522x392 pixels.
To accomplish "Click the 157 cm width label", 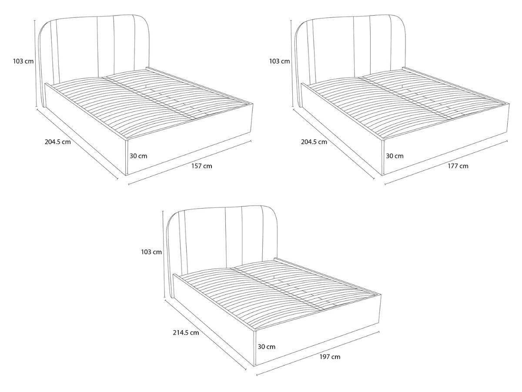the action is click(202, 166).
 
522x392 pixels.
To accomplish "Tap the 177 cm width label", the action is click(458, 166).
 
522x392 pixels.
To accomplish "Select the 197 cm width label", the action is click(330, 357).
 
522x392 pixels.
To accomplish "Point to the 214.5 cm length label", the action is click(186, 332).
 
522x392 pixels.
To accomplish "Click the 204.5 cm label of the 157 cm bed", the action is click(58, 142).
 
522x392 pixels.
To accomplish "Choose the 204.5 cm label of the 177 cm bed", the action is click(314, 142).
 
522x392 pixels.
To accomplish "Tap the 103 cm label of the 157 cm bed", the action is click(23, 61).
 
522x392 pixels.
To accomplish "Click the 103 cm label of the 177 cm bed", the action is click(280, 61).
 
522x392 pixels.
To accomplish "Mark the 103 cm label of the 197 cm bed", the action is click(151, 252).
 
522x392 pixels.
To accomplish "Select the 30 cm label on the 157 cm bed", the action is click(138, 156).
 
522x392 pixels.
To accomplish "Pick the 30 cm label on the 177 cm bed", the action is click(395, 156).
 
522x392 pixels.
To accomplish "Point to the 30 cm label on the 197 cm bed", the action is click(267, 347).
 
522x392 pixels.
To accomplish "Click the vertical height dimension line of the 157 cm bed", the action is click(35, 64).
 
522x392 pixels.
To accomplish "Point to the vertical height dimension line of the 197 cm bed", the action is click(164, 254).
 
